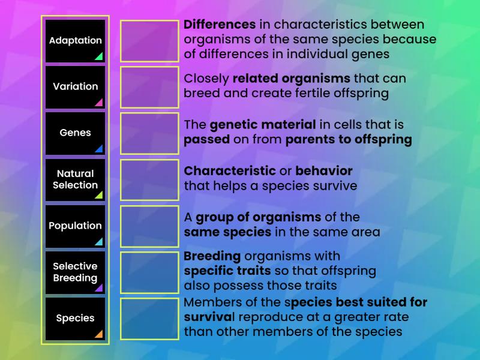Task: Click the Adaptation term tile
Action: click(x=75, y=41)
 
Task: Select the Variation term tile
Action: click(x=75, y=87)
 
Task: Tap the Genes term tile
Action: click(x=75, y=133)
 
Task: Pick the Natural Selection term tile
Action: click(x=75, y=179)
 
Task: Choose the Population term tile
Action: click(x=75, y=226)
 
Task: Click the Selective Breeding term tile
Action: click(x=75, y=272)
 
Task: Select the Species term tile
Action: click(x=75, y=319)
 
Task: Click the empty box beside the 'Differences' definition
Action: click(x=149, y=41)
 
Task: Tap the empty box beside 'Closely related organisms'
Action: click(x=149, y=87)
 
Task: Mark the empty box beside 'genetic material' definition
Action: click(x=149, y=133)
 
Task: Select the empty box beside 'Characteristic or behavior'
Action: click(x=149, y=179)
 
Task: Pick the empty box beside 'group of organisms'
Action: click(x=149, y=226)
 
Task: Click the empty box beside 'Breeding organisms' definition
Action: click(x=149, y=272)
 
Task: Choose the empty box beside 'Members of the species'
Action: click(x=149, y=319)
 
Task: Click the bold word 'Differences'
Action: click(x=220, y=25)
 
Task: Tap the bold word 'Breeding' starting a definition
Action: click(x=212, y=256)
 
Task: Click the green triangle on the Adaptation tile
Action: click(x=98, y=56)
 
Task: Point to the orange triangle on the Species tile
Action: click(x=98, y=334)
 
